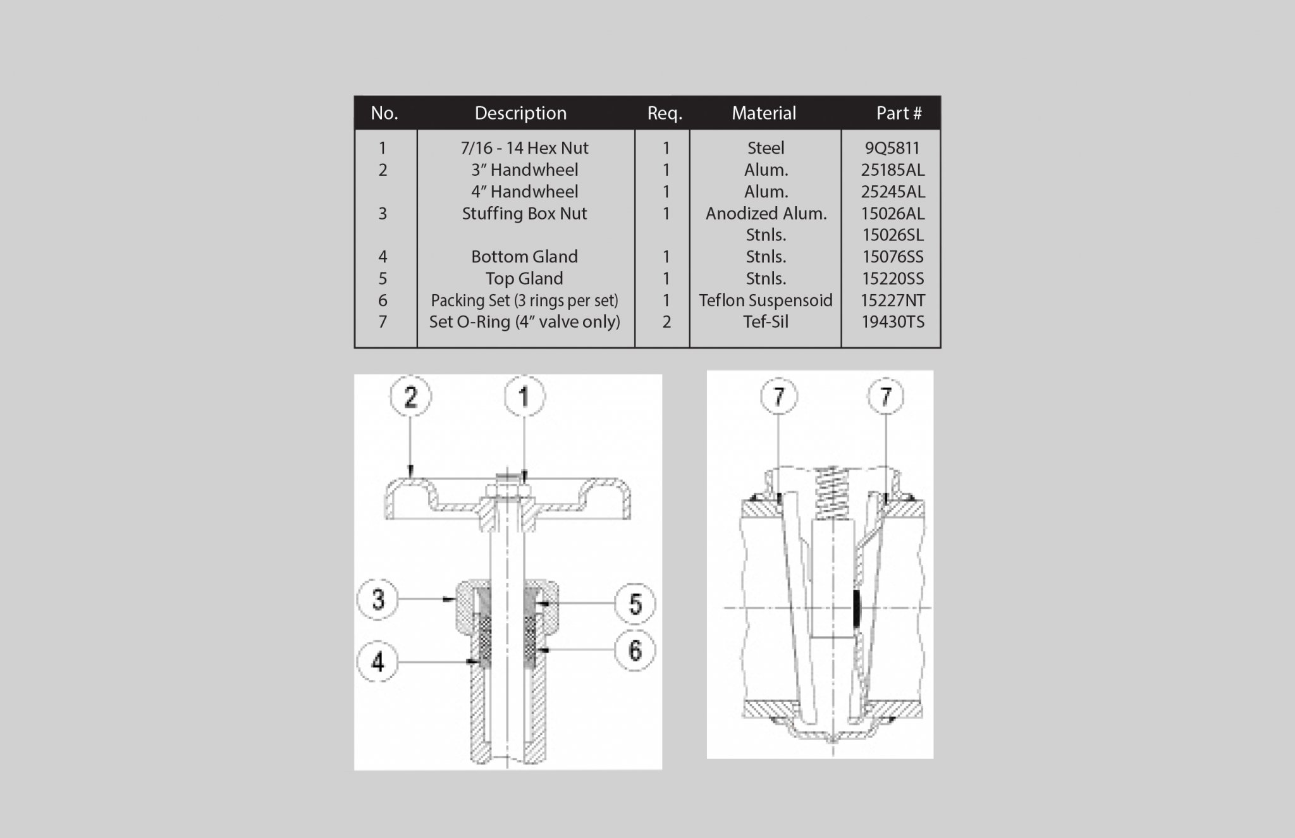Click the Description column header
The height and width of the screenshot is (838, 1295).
(x=520, y=113)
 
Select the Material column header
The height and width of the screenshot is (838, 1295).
(x=764, y=113)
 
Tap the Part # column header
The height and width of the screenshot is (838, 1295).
(x=899, y=113)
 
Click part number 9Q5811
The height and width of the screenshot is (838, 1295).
(x=892, y=148)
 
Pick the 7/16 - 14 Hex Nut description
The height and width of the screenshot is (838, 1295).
(x=524, y=148)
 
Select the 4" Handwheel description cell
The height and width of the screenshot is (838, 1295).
(x=524, y=192)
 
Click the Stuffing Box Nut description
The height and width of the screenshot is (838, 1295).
(x=524, y=214)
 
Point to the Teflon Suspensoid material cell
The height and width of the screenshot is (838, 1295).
(x=765, y=300)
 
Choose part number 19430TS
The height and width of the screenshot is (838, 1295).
(x=893, y=322)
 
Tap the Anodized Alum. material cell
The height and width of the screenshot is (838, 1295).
(x=766, y=214)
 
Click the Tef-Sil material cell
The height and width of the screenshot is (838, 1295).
(x=766, y=322)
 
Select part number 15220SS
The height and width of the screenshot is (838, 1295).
(x=893, y=279)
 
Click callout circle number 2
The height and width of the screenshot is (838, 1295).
(x=410, y=397)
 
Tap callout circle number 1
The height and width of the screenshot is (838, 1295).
(x=524, y=397)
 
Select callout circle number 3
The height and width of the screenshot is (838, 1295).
(x=377, y=599)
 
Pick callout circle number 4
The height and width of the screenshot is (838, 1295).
(x=377, y=662)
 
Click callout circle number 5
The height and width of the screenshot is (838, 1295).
(x=635, y=603)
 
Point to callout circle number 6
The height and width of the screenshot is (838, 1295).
(x=635, y=651)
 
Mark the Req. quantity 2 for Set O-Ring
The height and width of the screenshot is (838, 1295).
(x=666, y=322)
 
